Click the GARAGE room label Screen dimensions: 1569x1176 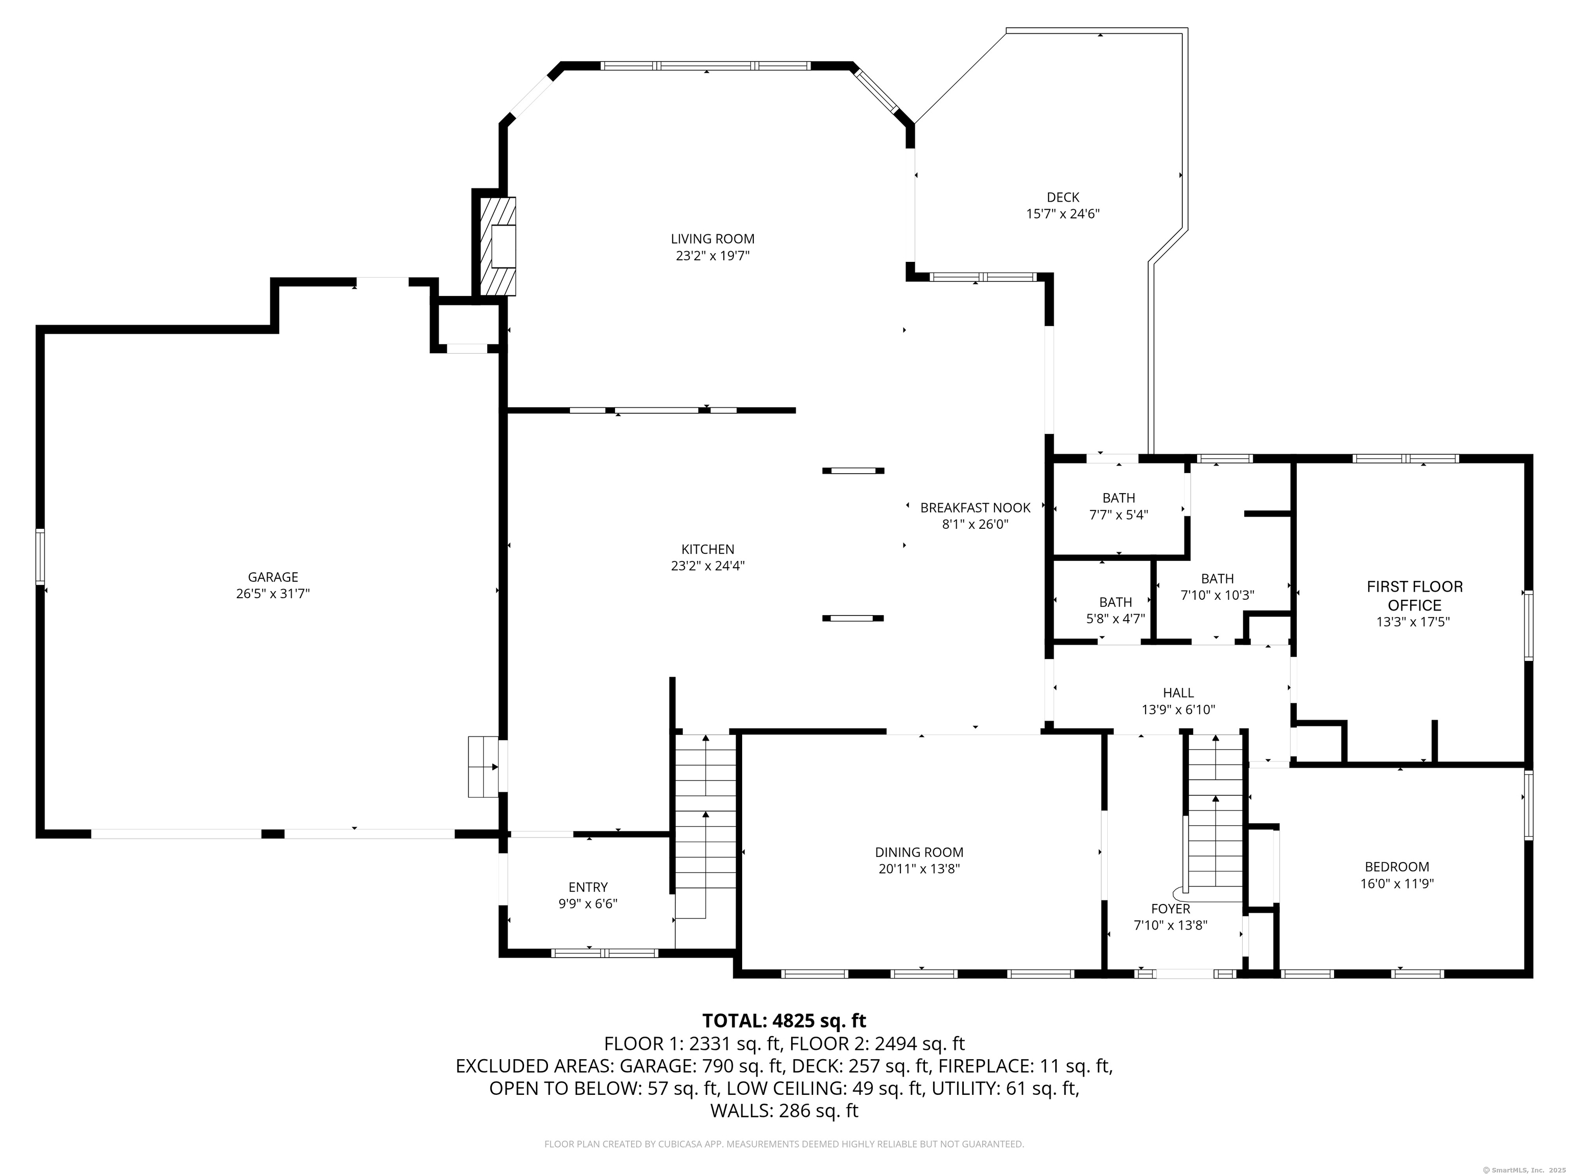coord(273,577)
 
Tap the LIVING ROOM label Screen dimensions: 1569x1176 coord(713,239)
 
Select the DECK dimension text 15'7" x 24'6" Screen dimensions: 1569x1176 coord(1062,213)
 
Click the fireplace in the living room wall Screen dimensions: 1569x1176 coord(498,246)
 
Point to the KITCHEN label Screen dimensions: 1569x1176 coord(708,549)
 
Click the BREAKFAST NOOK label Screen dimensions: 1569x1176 coord(976,507)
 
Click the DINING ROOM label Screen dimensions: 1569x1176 coord(919,852)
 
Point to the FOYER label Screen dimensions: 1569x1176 coord(1171,908)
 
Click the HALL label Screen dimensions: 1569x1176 coord(1178,693)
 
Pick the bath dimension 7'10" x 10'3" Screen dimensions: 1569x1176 coord(1217,596)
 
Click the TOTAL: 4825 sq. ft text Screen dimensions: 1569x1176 coord(784,1021)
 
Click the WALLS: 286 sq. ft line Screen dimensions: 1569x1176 coord(784,1110)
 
